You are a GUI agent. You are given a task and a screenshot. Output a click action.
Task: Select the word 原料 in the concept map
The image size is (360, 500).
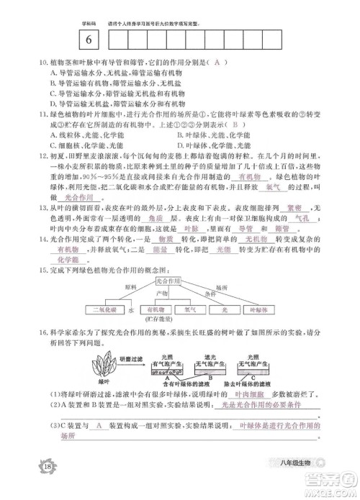pos(130,286)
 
